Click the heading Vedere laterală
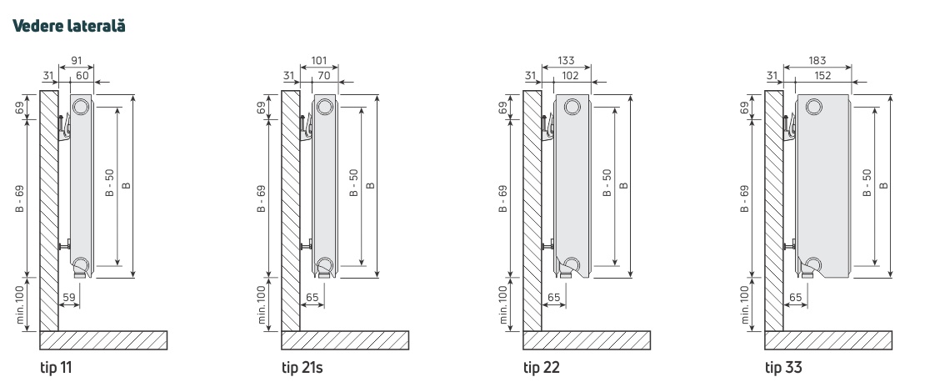click(x=68, y=26)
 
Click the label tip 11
click(x=56, y=367)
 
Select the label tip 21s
click(x=302, y=367)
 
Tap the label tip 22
click(x=542, y=367)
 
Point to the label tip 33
click(x=783, y=367)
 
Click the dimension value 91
click(x=77, y=61)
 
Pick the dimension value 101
click(x=318, y=61)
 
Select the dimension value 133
click(x=566, y=61)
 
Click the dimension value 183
click(x=817, y=61)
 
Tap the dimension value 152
click(x=822, y=76)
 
